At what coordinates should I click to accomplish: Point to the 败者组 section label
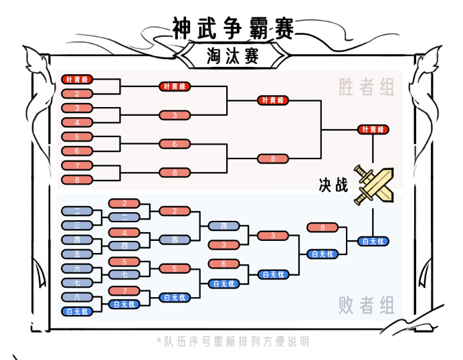(x=366, y=306)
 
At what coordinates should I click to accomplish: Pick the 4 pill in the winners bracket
(x=78, y=122)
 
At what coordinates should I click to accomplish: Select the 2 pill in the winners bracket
(x=78, y=94)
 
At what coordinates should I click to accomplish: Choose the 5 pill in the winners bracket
(x=78, y=137)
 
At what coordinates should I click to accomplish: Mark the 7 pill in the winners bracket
(x=78, y=165)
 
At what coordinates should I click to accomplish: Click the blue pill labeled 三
(x=78, y=225)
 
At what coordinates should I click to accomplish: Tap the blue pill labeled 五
(x=78, y=254)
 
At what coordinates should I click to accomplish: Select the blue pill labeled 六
(x=78, y=268)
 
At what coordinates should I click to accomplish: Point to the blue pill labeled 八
(x=78, y=296)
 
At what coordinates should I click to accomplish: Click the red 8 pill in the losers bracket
(x=322, y=228)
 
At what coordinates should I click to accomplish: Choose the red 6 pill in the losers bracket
(x=224, y=263)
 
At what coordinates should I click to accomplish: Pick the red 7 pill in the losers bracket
(x=125, y=290)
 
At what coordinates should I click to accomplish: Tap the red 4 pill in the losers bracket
(x=125, y=232)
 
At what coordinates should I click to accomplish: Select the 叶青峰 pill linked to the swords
(x=374, y=129)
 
